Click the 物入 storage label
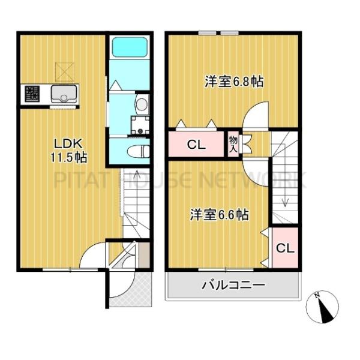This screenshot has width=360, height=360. click(233, 144)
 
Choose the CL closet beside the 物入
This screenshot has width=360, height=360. click(196, 145)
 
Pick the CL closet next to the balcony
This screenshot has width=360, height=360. click(284, 248)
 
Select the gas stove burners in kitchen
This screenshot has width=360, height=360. click(32, 94)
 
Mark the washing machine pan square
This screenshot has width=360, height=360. click(141, 125)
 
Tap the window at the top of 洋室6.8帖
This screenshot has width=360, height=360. click(218, 34)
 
